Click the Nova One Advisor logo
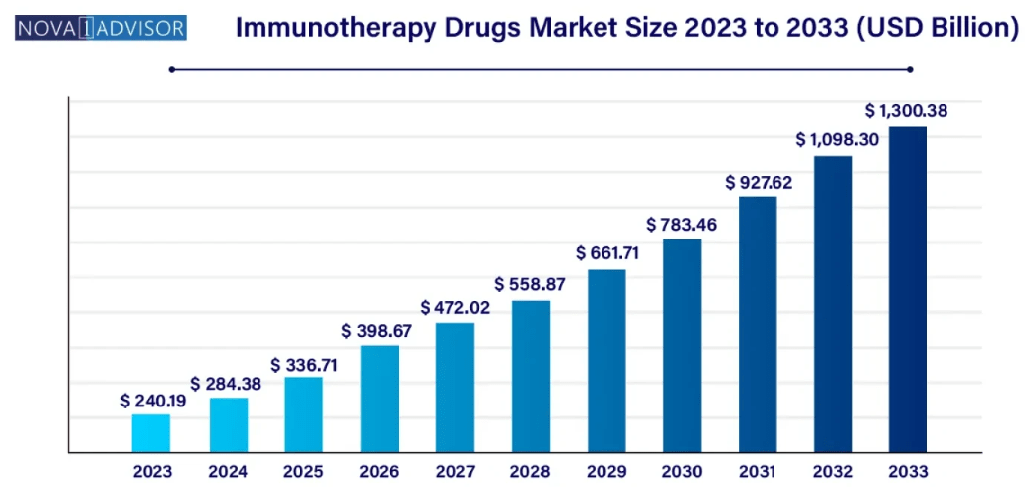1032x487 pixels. pyautogui.click(x=101, y=27)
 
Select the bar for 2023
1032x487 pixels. pyautogui.click(x=151, y=433)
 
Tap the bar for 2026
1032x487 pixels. pyautogui.click(x=379, y=399)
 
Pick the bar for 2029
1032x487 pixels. pyautogui.click(x=606, y=361)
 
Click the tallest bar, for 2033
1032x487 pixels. pyautogui.click(x=907, y=289)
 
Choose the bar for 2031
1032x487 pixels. pyautogui.click(x=758, y=324)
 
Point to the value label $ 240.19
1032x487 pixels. pyautogui.click(x=151, y=401)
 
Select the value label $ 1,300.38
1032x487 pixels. pyautogui.click(x=906, y=111)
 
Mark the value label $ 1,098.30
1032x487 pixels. pyautogui.click(x=837, y=140)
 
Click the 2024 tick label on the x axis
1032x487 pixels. pyautogui.click(x=228, y=471)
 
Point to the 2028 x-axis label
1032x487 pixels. pyautogui.click(x=530, y=471)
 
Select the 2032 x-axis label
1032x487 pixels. pyautogui.click(x=833, y=471)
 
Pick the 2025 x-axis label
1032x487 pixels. pyautogui.click(x=303, y=471)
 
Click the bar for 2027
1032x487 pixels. pyautogui.click(x=454, y=388)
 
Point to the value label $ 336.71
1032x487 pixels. pyautogui.click(x=303, y=364)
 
